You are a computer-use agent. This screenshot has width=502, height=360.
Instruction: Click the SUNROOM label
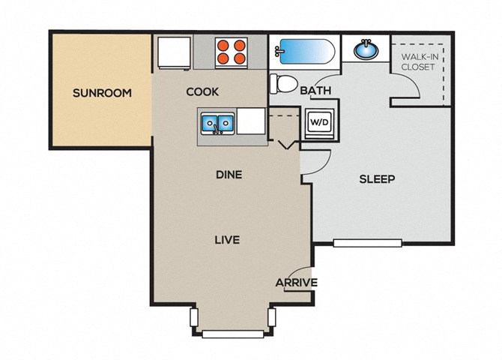(102, 93)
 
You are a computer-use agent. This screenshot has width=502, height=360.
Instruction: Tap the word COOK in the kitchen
(202, 92)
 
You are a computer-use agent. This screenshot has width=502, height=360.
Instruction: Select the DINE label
(229, 175)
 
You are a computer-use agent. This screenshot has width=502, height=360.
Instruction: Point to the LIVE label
(227, 240)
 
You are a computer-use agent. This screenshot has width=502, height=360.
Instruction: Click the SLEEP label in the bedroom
(377, 179)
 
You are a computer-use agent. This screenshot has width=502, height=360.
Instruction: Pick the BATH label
(315, 91)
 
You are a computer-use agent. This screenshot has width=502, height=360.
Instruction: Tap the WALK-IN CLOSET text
(420, 61)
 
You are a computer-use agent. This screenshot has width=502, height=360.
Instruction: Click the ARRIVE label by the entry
(297, 283)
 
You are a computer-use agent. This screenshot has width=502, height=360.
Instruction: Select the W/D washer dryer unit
(319, 124)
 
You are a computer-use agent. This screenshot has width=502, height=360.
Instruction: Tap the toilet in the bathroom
(284, 84)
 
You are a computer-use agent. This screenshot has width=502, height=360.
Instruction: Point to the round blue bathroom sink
(366, 50)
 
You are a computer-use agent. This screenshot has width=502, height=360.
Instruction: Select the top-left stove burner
(223, 45)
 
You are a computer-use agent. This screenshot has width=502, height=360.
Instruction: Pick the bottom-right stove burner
(239, 58)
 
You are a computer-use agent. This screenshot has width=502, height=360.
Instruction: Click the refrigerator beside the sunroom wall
(174, 53)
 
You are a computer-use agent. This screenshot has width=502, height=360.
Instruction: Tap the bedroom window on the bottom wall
(367, 243)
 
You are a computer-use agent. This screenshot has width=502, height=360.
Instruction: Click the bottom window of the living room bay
(233, 334)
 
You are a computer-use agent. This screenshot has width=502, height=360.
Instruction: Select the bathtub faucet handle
(277, 51)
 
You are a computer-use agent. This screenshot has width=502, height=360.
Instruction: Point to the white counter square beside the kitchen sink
(251, 121)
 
